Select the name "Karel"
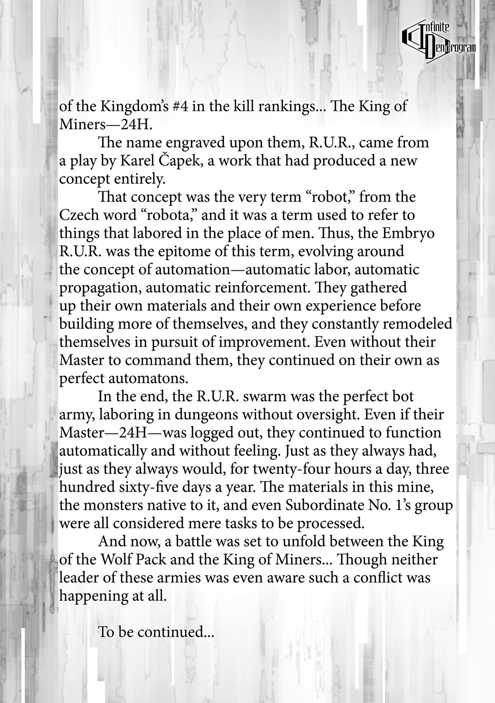[x=138, y=161]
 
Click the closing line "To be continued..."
[x=156, y=632]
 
